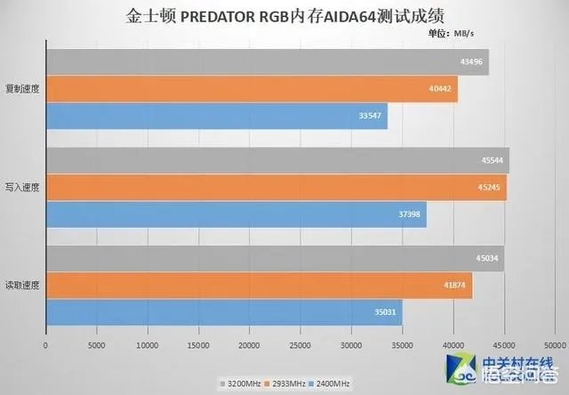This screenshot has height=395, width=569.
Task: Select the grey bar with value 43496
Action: point(267,62)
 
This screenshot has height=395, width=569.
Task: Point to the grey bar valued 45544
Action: point(276,161)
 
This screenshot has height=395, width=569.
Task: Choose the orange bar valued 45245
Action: point(276,188)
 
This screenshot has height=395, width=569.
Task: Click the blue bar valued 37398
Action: point(236,214)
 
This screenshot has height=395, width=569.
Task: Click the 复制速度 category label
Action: point(22,89)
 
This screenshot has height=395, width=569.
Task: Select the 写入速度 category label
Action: point(22,188)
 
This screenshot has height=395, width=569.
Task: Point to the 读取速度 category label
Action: point(22,286)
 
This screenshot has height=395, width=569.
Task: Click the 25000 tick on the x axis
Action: point(301,343)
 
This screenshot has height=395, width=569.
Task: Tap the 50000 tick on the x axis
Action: point(555,343)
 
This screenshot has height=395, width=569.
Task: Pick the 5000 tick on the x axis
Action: point(96,343)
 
